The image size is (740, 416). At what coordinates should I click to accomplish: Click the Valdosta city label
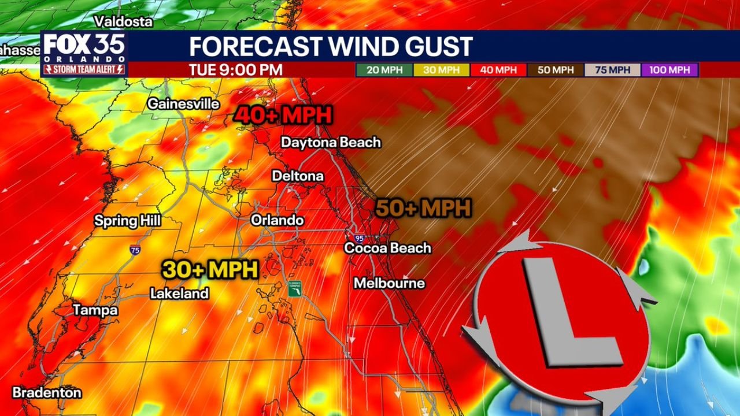(x=124, y=21)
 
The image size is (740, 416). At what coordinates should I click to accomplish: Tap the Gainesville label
(x=183, y=104)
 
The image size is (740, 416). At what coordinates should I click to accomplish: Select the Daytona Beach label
(x=331, y=142)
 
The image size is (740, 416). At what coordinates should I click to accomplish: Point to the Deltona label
(x=298, y=175)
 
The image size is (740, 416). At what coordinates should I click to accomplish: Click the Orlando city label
(x=277, y=220)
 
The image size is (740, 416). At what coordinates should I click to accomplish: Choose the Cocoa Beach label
(x=387, y=248)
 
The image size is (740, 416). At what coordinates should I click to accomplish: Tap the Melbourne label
(x=389, y=283)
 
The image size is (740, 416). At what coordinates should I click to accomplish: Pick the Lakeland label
(x=179, y=294)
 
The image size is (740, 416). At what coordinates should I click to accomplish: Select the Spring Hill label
(x=127, y=221)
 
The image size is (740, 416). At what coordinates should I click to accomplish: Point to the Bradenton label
(x=47, y=392)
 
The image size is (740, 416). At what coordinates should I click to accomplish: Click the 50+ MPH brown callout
(x=423, y=208)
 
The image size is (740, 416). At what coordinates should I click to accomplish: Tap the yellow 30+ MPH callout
(x=209, y=269)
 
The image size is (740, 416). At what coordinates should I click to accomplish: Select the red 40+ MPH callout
(x=283, y=115)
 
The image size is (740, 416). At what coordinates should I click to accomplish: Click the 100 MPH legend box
(x=669, y=70)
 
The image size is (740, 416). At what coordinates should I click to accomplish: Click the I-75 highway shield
(x=135, y=250)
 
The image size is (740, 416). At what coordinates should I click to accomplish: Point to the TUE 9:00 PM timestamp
(x=236, y=70)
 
